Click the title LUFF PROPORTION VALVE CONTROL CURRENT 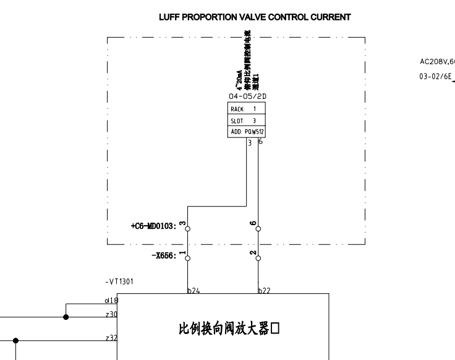255,18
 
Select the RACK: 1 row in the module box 247,108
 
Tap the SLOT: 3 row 247,121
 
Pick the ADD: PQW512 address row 247,132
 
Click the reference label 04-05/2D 247,97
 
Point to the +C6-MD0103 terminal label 153,226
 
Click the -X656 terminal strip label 164,254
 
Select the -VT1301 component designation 119,281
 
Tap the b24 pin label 194,289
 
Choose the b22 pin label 264,289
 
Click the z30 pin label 112,314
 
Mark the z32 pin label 112,337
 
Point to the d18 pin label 112,299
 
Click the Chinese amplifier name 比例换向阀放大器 229,328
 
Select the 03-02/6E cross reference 436,79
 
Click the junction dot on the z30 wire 66,317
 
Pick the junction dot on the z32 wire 16,340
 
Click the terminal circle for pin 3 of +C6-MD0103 188,228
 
